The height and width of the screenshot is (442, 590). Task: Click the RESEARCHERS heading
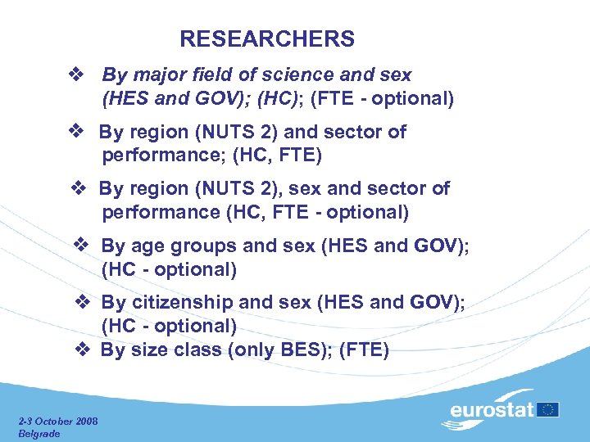pyautogui.click(x=267, y=38)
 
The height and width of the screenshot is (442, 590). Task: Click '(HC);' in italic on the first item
pyautogui.click(x=282, y=100)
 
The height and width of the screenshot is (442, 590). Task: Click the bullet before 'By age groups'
pyautogui.click(x=80, y=245)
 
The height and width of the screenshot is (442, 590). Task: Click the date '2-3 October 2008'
pyautogui.click(x=58, y=422)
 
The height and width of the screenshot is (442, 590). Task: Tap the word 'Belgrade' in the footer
pyautogui.click(x=39, y=433)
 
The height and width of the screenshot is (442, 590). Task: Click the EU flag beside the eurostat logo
pyautogui.click(x=548, y=408)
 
